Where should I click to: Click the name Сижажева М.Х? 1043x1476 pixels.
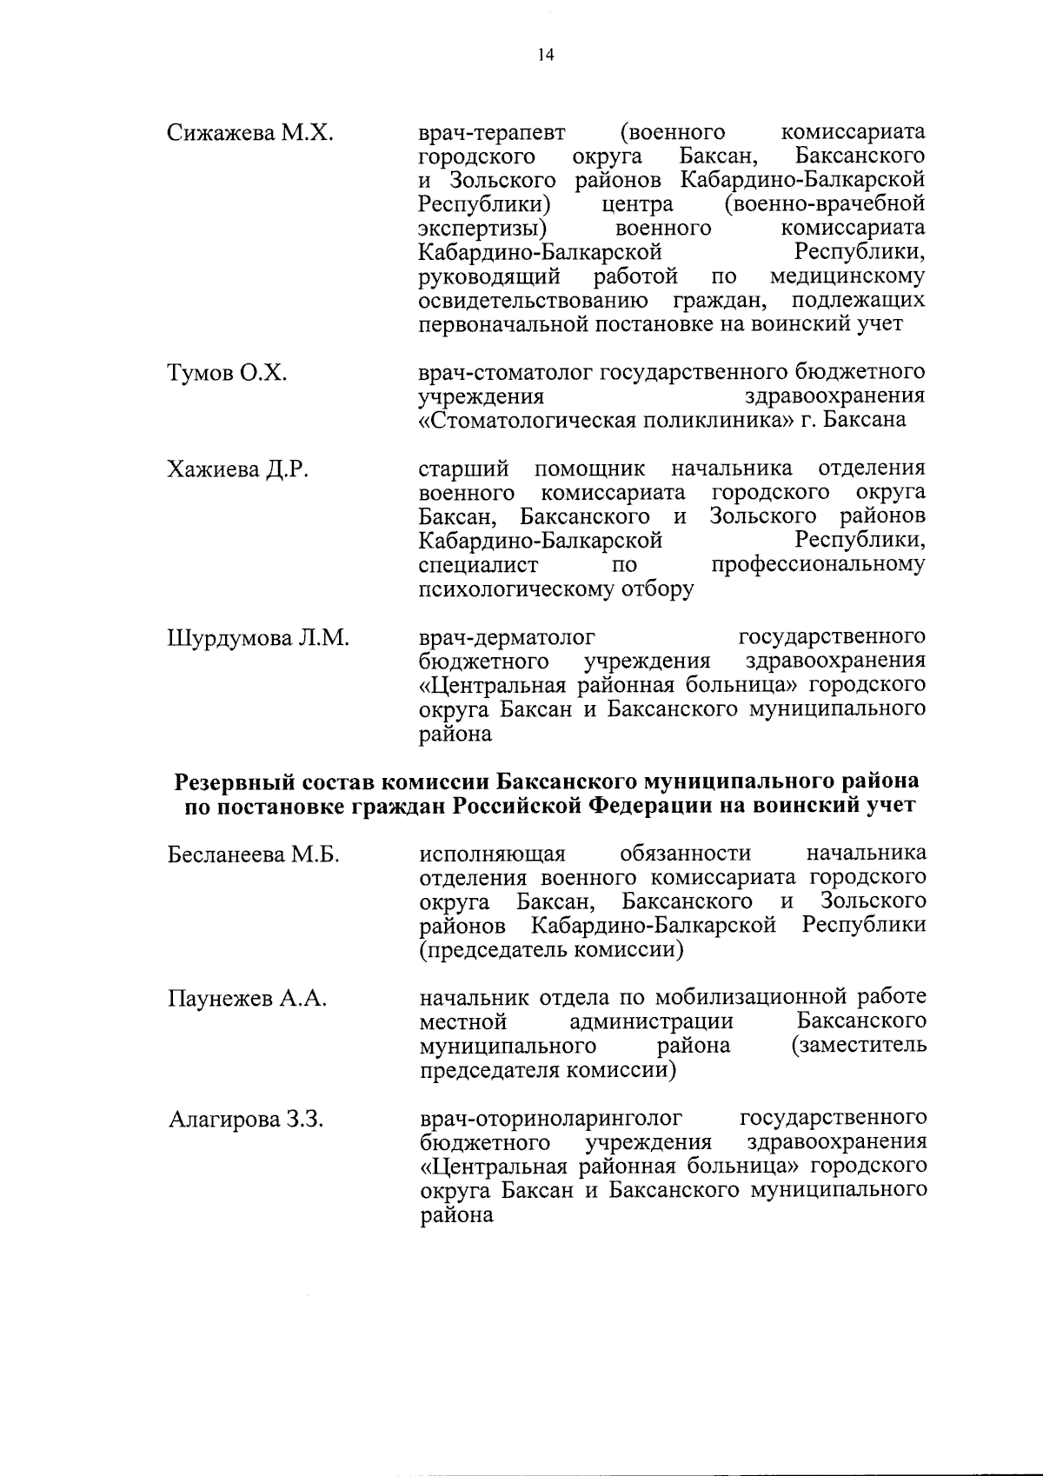(x=250, y=134)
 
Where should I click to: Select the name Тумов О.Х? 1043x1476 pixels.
(x=227, y=374)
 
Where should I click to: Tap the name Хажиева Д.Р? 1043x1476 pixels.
(x=238, y=470)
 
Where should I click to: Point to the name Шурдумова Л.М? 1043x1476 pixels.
(x=257, y=639)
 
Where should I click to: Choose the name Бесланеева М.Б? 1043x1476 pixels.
(x=253, y=854)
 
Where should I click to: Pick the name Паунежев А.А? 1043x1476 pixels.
(x=247, y=999)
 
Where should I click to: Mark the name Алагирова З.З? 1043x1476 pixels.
(x=246, y=1120)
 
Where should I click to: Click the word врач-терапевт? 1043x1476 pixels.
(x=492, y=134)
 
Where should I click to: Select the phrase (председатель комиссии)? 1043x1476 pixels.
(x=550, y=950)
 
